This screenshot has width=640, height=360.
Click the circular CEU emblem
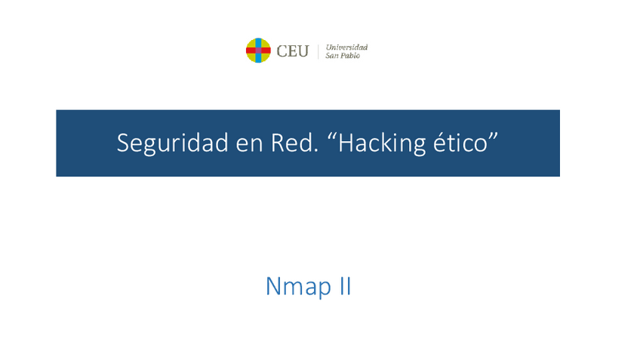(258, 51)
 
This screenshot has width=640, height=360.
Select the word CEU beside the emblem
(292, 51)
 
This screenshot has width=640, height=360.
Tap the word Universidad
(346, 48)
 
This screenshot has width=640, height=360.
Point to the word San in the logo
(332, 56)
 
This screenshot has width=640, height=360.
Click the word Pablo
(351, 56)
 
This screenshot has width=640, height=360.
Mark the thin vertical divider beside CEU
(318, 51)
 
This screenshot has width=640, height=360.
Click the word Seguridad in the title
(173, 143)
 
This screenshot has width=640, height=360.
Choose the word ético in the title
(460, 143)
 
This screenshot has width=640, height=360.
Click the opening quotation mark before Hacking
(331, 137)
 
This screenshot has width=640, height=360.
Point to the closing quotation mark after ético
(494, 137)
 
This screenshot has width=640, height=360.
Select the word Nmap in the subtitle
(298, 287)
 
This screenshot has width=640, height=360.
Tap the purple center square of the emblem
(258, 51)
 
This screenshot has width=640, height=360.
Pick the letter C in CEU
(282, 51)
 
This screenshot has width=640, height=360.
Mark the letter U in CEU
(303, 51)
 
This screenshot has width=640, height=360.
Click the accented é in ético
(439, 143)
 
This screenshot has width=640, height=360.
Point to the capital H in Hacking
(346, 143)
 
